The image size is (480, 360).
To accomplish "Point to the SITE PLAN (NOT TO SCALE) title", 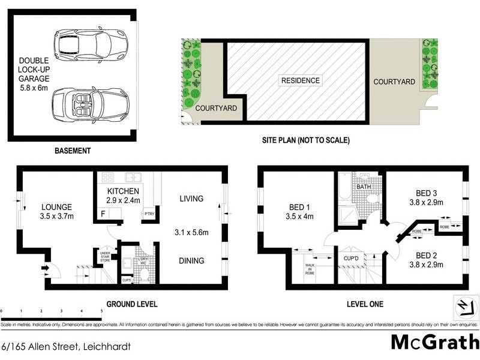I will [x=305, y=140].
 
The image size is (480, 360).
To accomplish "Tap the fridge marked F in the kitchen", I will [x=103, y=214].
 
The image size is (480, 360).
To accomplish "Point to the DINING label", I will [x=191, y=260].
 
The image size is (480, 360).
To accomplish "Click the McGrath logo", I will [x=432, y=341].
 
